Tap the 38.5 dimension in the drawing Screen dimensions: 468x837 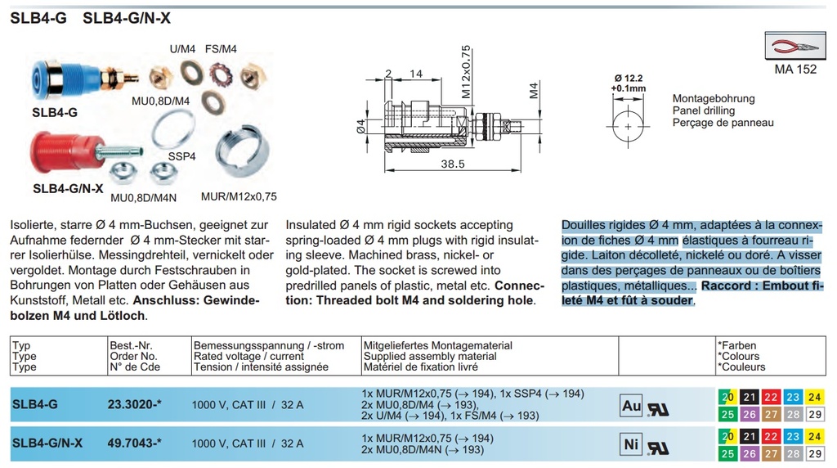453,164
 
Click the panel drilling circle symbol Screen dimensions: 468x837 628,128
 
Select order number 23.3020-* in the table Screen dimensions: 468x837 135,403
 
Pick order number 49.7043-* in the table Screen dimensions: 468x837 135,443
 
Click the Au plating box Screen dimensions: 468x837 632,405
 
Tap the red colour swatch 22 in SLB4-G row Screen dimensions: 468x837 770,397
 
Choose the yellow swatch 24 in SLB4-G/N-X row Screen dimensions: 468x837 813,436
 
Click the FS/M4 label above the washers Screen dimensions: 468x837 221,49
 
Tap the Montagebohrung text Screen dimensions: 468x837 714,98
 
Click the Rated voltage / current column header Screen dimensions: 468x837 248,357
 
